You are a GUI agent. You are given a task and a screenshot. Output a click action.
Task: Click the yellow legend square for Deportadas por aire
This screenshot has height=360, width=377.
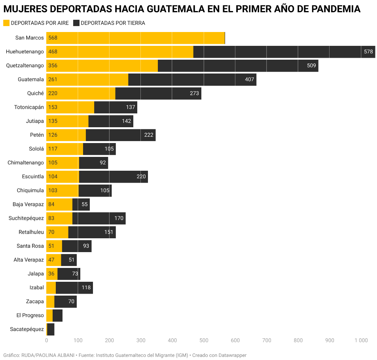pyautogui.click(x=6, y=23)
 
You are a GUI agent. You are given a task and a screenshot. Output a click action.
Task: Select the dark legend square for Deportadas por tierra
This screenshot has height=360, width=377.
pyautogui.click(x=76, y=23)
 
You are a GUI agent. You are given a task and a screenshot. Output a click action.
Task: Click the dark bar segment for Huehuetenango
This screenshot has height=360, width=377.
pyautogui.click(x=277, y=52)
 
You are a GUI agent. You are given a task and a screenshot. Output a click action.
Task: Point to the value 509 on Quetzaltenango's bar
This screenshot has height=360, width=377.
pyautogui.click(x=311, y=66)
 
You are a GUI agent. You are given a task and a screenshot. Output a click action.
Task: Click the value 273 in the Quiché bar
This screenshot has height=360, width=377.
pyautogui.click(x=194, y=94)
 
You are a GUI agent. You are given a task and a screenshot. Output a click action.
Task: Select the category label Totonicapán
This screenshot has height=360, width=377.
pyautogui.click(x=29, y=107)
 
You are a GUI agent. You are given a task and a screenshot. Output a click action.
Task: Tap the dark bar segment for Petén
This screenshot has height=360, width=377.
pyautogui.click(x=113, y=135)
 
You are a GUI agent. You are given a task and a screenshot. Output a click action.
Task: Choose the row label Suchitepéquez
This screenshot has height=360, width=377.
pyautogui.click(x=26, y=218)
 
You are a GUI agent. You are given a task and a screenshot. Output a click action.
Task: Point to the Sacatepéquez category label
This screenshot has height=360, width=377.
pyautogui.click(x=27, y=329)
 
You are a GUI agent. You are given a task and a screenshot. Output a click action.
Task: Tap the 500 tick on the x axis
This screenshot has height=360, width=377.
pyautogui.click(x=204, y=340)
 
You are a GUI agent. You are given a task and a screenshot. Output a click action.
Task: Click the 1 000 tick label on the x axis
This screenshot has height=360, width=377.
pyautogui.click(x=361, y=340)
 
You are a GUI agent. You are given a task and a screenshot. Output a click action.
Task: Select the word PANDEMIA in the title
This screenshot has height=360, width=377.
pyautogui.click(x=333, y=9)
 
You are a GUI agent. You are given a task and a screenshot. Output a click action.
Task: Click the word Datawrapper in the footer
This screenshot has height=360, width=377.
pyautogui.click(x=230, y=355)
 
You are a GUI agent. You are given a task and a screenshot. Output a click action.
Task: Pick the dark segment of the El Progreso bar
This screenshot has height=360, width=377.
pyautogui.click(x=57, y=315)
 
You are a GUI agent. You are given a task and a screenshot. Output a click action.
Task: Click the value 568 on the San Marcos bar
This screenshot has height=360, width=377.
pyautogui.click(x=53, y=38)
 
